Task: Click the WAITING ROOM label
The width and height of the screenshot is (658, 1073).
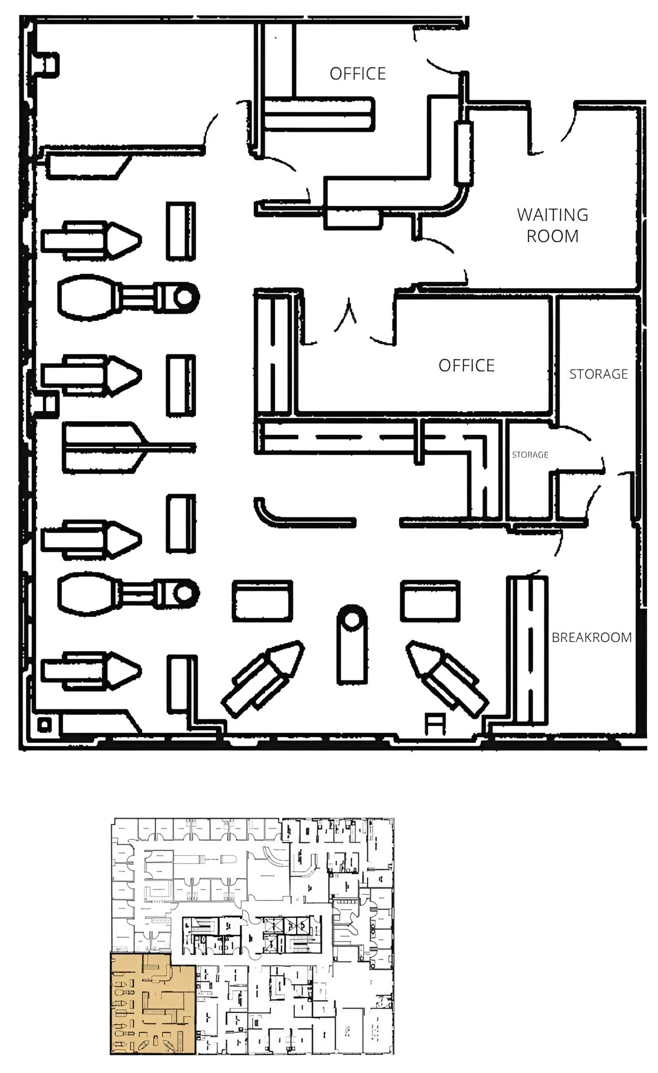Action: click(x=553, y=225)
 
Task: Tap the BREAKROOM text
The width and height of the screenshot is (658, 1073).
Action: click(x=591, y=637)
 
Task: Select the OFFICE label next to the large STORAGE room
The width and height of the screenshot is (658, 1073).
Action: click(x=467, y=365)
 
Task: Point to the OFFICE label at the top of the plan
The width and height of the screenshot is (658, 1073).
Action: click(x=358, y=73)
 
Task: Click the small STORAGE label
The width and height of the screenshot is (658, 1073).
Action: click(x=530, y=455)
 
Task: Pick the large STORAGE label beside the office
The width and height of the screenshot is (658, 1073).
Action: click(x=599, y=374)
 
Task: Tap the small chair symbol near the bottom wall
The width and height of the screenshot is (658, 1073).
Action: click(x=435, y=724)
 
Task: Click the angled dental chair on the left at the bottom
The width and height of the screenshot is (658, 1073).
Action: click(x=262, y=678)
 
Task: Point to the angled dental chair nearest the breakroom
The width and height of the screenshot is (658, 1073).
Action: click(x=447, y=678)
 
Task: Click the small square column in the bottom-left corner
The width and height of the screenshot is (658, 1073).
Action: click(x=45, y=725)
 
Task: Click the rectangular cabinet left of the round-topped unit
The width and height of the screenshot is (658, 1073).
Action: click(x=262, y=600)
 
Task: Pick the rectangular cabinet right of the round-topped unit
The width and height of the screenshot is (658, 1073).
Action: click(x=430, y=600)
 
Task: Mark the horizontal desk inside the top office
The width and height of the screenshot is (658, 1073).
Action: click(x=319, y=114)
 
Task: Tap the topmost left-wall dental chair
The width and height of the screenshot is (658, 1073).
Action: click(x=91, y=240)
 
